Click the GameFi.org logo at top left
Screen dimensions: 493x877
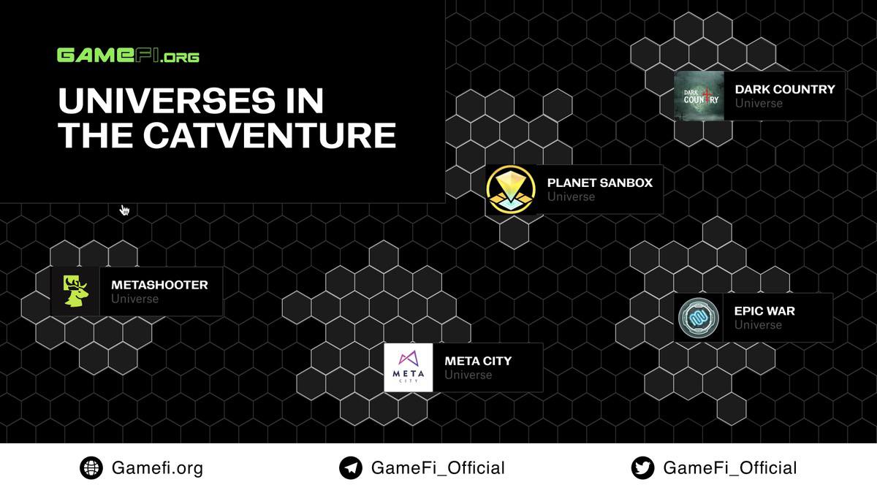click(128, 56)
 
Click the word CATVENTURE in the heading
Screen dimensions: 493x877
click(270, 136)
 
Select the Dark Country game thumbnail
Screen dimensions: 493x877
click(699, 96)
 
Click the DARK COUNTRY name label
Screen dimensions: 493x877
click(784, 89)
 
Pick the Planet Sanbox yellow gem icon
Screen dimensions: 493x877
click(512, 189)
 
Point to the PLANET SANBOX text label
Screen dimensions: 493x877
click(599, 183)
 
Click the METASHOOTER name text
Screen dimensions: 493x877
click(159, 285)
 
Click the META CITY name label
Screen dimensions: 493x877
click(478, 361)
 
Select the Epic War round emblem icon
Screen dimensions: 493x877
click(699, 318)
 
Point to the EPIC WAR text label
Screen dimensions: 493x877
click(764, 311)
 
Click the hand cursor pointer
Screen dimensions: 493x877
click(124, 210)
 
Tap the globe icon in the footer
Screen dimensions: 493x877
click(91, 468)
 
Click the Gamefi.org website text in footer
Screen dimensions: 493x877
click(157, 468)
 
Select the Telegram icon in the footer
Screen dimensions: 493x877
click(351, 468)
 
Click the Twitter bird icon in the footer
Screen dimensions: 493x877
click(643, 468)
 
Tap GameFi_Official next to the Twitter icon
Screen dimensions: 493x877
click(729, 468)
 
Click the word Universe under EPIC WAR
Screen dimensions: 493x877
click(758, 325)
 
